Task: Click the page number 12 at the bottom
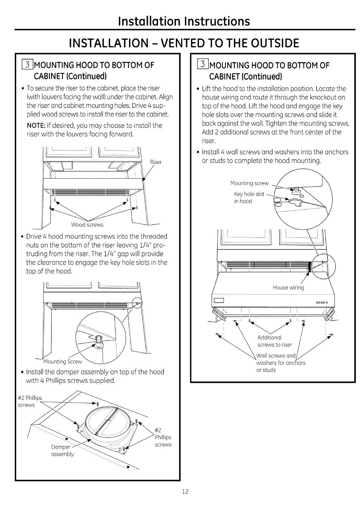tap(185, 492)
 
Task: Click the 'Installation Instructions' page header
tap(184, 21)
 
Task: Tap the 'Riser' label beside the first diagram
tap(156, 162)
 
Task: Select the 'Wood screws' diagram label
tap(87, 225)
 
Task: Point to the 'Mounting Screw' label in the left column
tap(63, 362)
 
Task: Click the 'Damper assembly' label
tap(63, 451)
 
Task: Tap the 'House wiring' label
tap(288, 287)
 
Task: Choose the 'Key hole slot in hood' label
tap(249, 197)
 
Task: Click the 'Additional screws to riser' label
tap(274, 341)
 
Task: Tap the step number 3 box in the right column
tap(203, 65)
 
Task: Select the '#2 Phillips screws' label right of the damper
tap(163, 437)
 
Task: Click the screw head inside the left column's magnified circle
tap(99, 340)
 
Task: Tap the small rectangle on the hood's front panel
tap(219, 301)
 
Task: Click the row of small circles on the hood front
tap(321, 302)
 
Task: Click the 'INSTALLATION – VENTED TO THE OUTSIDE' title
tap(184, 43)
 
